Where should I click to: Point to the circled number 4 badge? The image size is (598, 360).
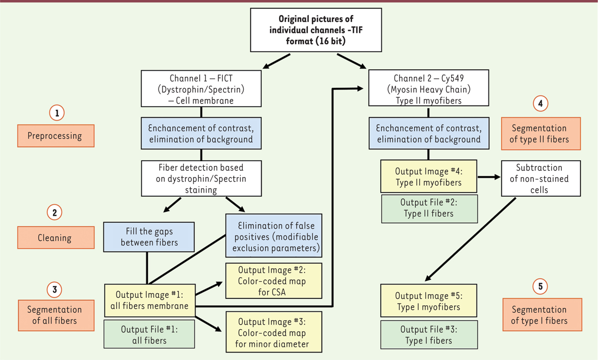tap(540, 104)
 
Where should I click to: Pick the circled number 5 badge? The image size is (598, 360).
tap(540, 286)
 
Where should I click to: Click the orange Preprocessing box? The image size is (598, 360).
tap(54, 135)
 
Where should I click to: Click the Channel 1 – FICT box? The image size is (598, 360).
tap(201, 88)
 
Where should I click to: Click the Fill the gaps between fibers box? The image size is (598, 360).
tap(148, 237)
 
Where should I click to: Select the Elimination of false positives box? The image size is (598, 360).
tap(274, 233)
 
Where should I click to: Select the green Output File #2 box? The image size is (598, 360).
tap(429, 208)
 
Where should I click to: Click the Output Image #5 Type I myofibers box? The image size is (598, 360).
tap(428, 301)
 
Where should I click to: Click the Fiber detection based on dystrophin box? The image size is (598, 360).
tap(201, 178)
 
